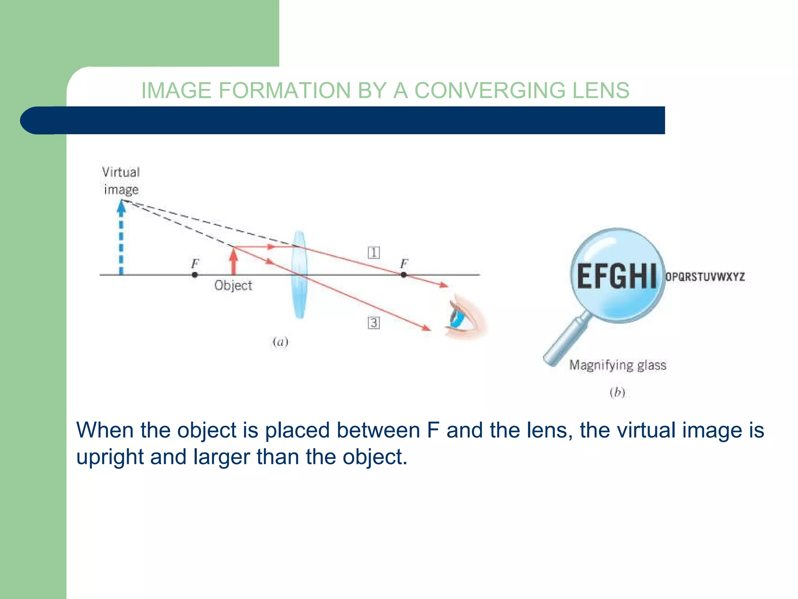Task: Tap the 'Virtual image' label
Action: tap(121, 181)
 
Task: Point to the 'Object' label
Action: tap(233, 285)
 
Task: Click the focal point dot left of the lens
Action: tap(195, 275)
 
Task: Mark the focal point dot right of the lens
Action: tap(404, 275)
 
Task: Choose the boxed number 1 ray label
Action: tap(374, 253)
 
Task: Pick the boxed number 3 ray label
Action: tap(374, 323)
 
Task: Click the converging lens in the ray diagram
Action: tap(300, 275)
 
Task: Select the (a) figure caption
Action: tap(280, 342)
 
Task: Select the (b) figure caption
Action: tap(617, 392)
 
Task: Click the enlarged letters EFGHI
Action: tap(616, 276)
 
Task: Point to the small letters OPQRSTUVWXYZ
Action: tap(705, 277)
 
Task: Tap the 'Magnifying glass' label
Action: tap(618, 365)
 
